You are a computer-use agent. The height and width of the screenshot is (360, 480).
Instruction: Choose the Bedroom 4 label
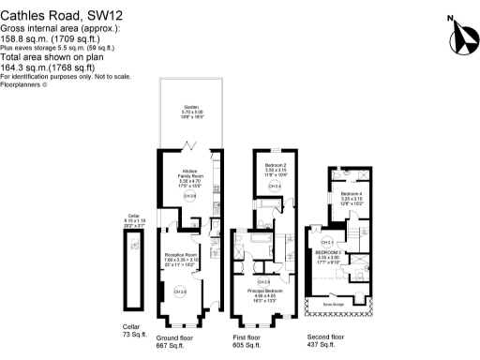352,196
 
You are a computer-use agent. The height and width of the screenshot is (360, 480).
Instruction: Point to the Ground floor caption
174,336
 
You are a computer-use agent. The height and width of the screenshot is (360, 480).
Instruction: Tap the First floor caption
248,336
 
